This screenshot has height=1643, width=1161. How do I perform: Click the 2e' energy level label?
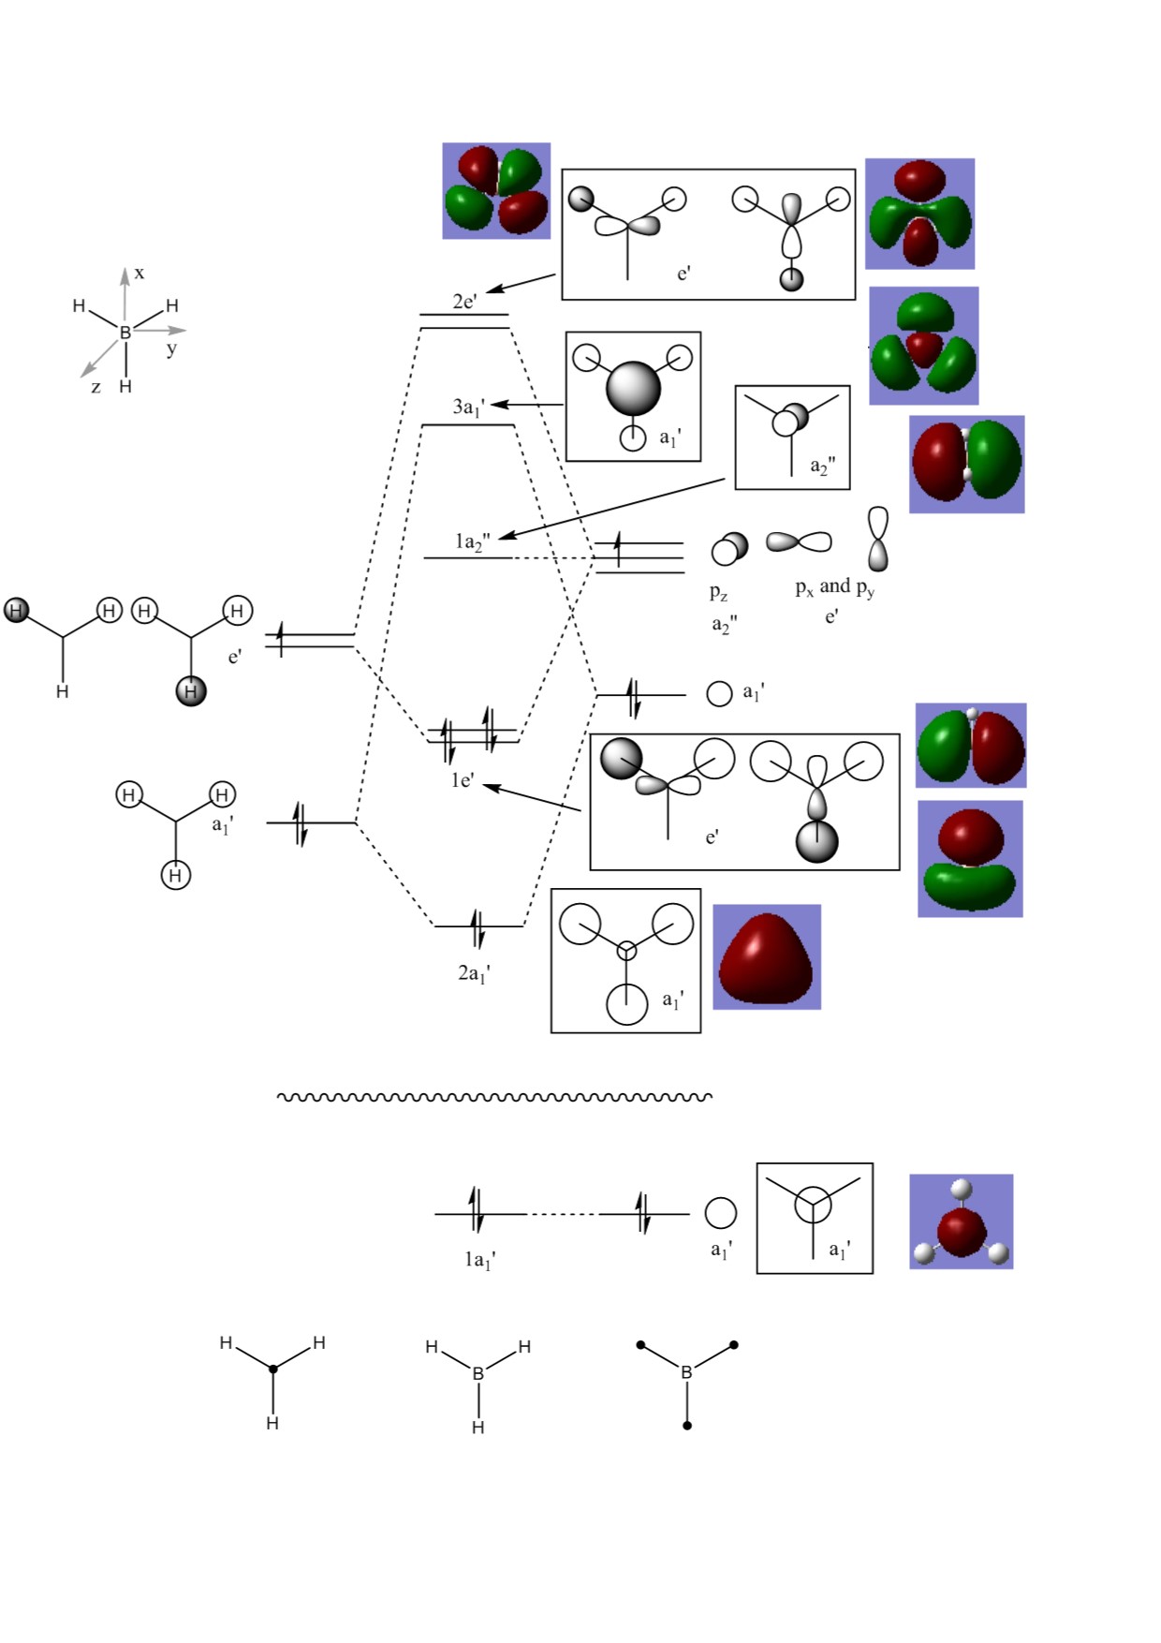464,301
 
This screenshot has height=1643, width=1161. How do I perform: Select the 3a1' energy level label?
468,407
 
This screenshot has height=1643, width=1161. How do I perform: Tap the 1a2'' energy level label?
472,541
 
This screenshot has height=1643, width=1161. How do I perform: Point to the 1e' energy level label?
463,780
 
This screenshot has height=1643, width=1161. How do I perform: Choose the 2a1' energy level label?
474,973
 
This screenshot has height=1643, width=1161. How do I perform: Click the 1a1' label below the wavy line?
480,1260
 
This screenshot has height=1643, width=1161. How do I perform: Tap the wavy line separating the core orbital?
494,1096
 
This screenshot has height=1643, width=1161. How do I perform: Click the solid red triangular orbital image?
767,957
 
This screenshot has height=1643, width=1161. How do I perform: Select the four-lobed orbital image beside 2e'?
496,191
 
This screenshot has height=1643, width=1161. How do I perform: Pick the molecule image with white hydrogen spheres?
962,1221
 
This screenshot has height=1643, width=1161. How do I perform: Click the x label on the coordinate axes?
140,273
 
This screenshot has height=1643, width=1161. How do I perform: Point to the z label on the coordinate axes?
96,386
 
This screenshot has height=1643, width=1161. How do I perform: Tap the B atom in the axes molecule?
125,332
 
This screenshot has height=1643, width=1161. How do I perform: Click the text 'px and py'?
834,587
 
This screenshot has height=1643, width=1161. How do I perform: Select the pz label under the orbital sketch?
718,592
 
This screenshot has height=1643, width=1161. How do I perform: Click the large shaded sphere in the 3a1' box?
633,388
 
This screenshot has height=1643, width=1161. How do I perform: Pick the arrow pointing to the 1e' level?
532,798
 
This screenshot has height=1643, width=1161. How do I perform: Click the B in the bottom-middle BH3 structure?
478,1373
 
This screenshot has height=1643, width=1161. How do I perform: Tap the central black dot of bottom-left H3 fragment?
273,1369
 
